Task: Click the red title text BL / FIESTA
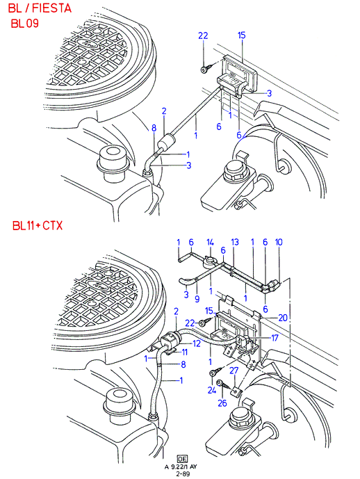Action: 40,8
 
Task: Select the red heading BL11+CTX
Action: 38,226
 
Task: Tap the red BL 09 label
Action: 25,23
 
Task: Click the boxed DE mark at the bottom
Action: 182,459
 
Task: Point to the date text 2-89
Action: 182,473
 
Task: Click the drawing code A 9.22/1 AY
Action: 181,466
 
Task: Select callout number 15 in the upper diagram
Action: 241,35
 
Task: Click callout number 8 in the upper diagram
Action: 154,128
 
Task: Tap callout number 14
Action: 210,242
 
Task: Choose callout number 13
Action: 234,242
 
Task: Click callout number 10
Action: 279,242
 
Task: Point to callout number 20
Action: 283,318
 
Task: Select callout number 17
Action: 275,338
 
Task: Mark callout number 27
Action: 234,371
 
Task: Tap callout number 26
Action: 222,403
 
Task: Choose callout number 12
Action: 197,343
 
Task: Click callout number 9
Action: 197,298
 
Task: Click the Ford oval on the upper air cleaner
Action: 88,44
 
